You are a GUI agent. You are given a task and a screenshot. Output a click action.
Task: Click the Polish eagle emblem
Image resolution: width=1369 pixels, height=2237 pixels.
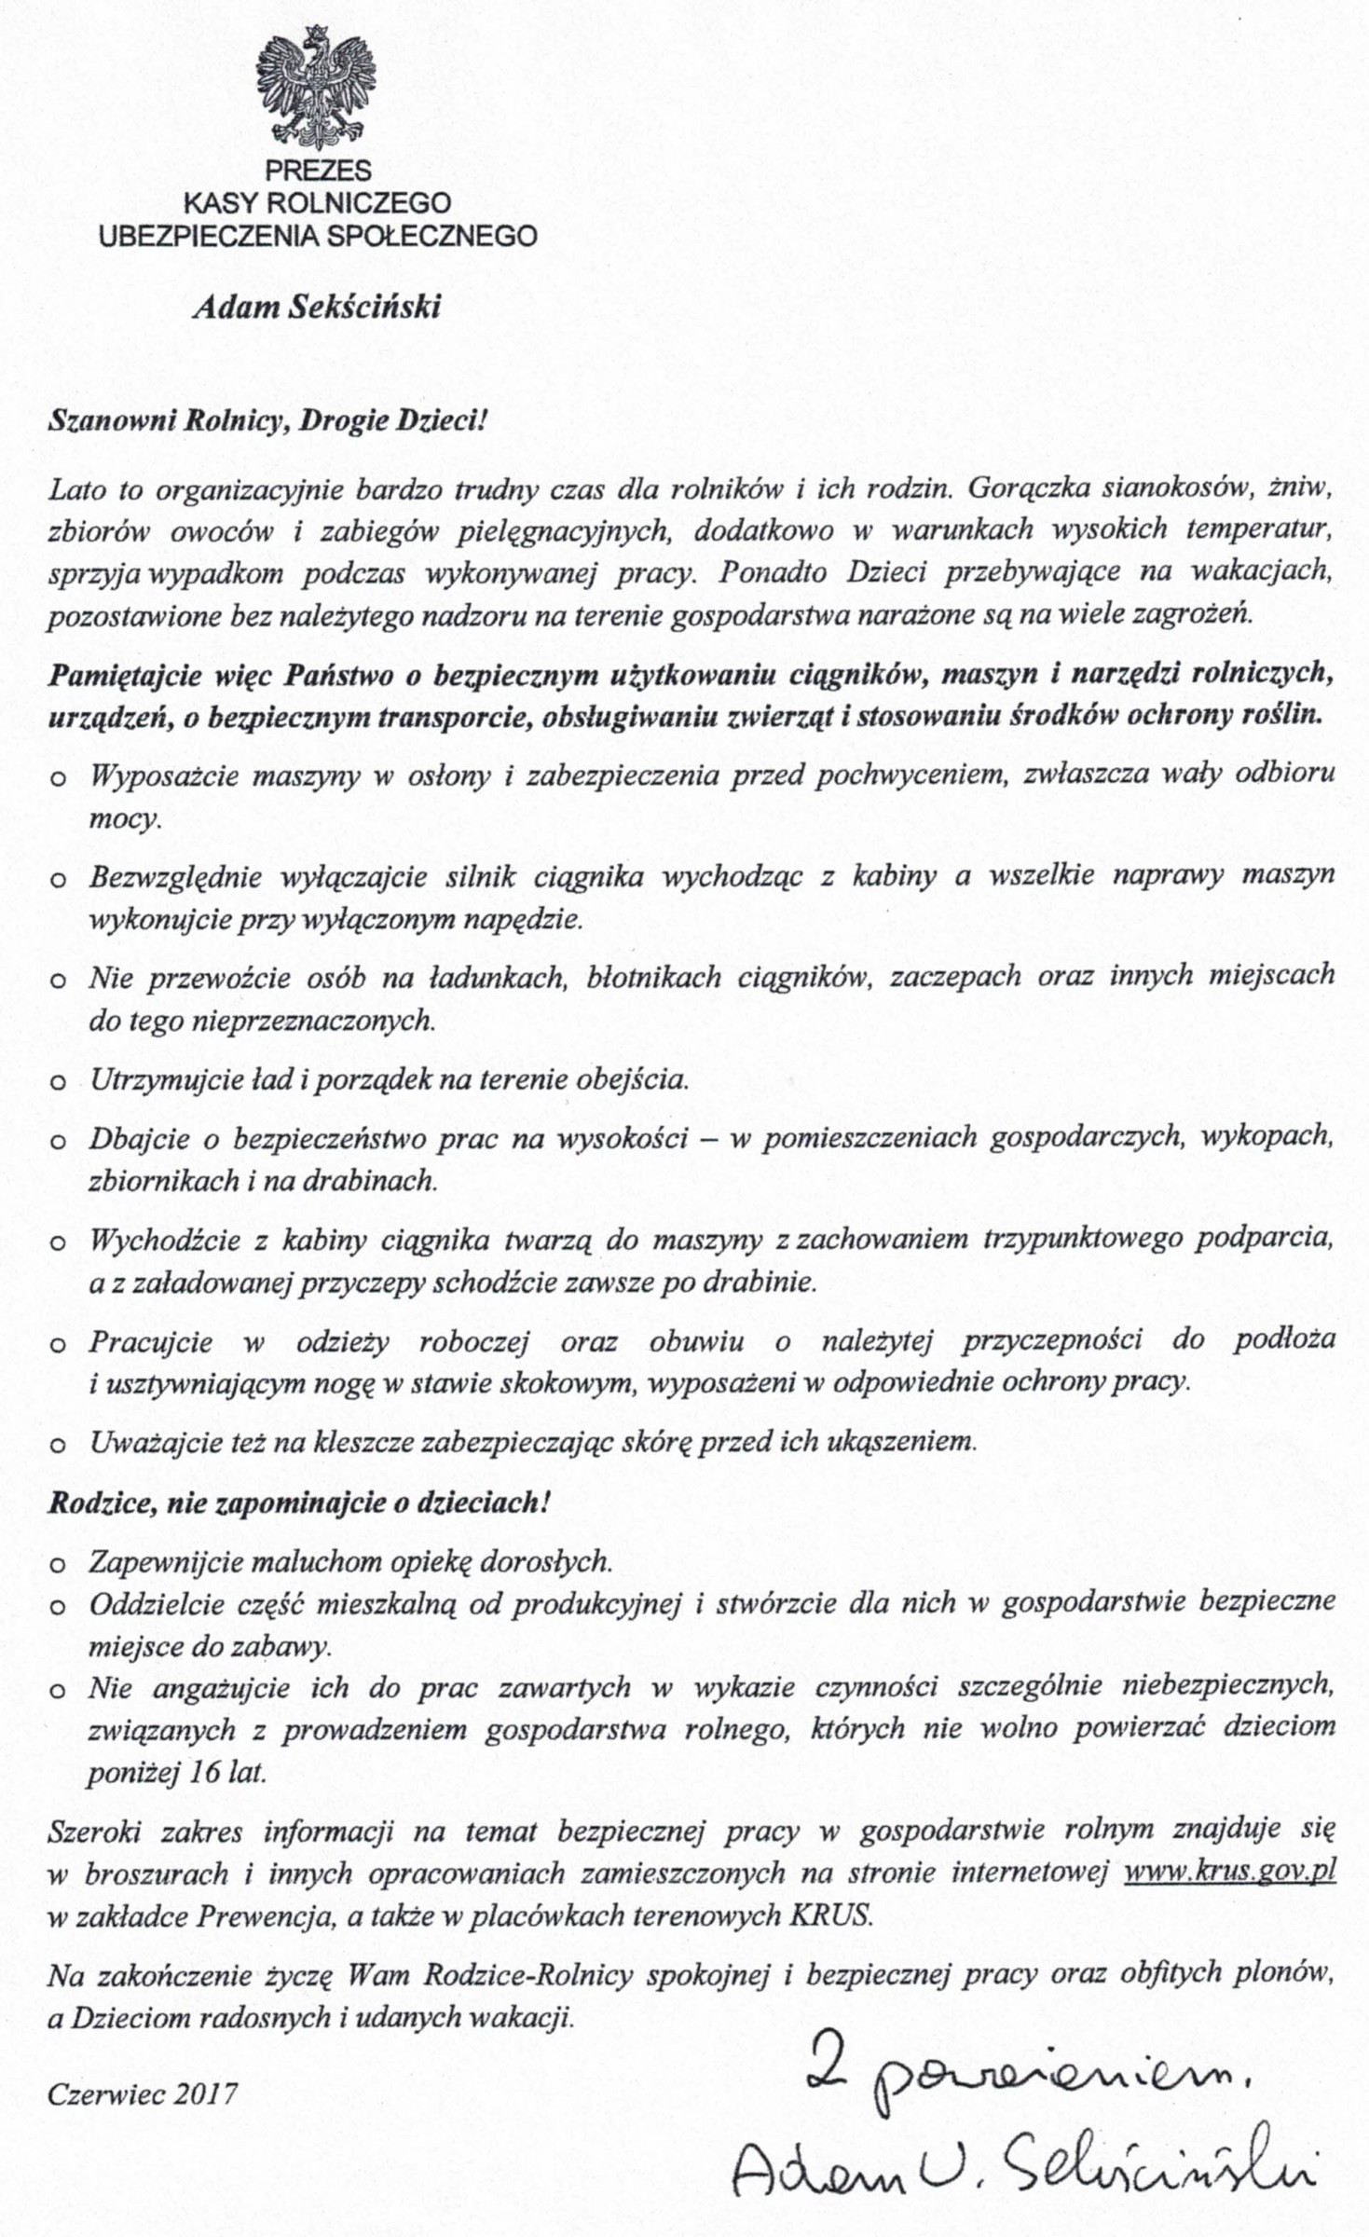pyautogui.click(x=316, y=89)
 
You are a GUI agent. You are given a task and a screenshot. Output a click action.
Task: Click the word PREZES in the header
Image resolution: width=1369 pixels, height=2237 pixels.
pyautogui.click(x=318, y=172)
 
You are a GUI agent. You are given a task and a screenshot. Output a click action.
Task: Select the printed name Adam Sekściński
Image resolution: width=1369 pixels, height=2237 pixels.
pyautogui.click(x=316, y=308)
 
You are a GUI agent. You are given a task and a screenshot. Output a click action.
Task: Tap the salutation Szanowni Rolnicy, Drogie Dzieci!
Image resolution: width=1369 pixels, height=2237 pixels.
pyautogui.click(x=267, y=420)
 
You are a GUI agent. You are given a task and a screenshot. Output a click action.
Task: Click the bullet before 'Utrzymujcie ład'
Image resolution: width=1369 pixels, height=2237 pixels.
pyautogui.click(x=58, y=1083)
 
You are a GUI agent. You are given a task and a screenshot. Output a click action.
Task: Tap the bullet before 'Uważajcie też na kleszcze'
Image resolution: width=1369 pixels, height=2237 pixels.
pyautogui.click(x=58, y=1446)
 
